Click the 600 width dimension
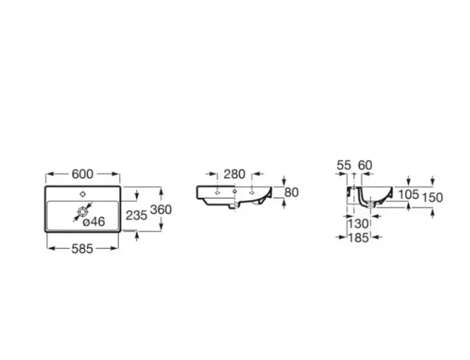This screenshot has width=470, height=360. [x=82, y=173]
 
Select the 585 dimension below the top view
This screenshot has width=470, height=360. [x=82, y=248]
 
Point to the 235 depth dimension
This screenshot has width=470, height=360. [x=136, y=216]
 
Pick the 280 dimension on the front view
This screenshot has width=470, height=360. [x=234, y=173]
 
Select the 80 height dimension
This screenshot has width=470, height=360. [x=292, y=192]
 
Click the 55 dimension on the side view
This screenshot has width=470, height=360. [x=344, y=166]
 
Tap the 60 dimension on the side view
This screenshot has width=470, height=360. [x=365, y=166]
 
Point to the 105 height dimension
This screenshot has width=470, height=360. [x=408, y=194]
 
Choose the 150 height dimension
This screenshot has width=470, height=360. [x=433, y=197]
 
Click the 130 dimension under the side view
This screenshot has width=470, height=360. [x=359, y=223]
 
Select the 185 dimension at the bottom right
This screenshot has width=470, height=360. [x=359, y=238]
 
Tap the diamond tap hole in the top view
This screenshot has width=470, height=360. [x=82, y=193]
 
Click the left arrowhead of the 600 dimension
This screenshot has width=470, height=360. [x=48, y=173]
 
